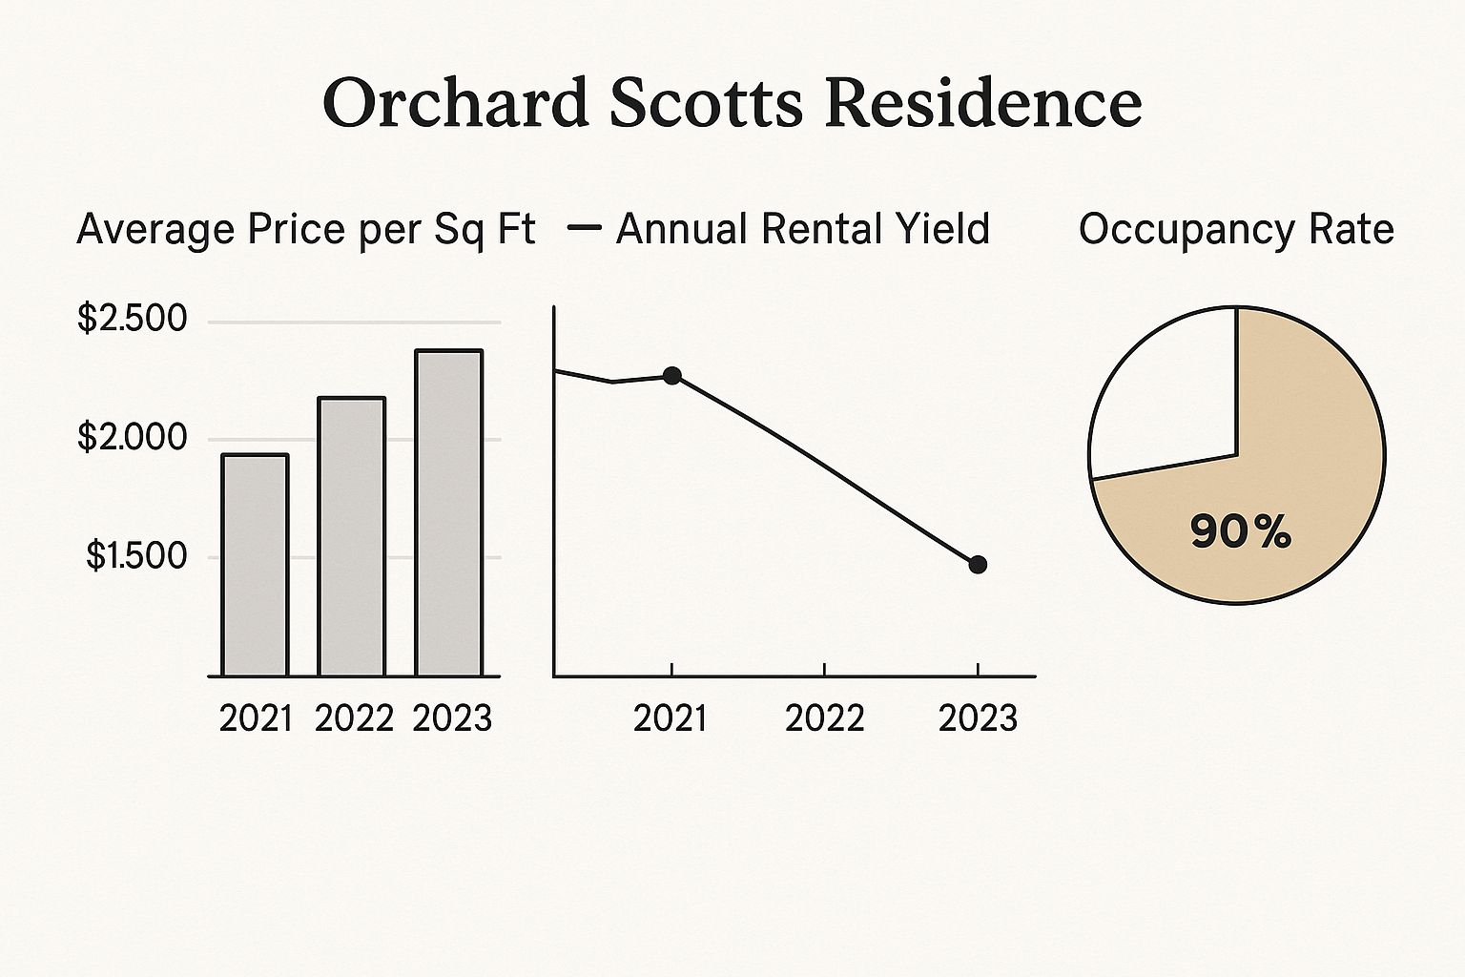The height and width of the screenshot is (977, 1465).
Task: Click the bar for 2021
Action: [255, 565]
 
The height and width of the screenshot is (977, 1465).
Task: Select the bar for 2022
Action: [351, 536]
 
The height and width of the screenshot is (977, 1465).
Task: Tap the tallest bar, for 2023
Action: [448, 513]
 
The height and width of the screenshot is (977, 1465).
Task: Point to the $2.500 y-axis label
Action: [133, 319]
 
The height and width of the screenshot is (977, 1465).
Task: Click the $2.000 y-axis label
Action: [133, 438]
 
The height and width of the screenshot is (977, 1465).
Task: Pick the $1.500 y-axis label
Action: [136, 556]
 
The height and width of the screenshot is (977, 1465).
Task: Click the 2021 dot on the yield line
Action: [672, 376]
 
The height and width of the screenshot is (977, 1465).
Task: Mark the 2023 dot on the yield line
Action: [978, 565]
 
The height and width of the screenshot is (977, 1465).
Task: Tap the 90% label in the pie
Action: [1240, 531]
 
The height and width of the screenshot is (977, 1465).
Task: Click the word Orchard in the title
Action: [456, 102]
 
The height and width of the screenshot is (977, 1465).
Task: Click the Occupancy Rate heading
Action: [1236, 230]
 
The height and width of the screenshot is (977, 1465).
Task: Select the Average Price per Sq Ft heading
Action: [305, 230]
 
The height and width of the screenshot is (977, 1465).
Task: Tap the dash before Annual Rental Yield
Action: [584, 228]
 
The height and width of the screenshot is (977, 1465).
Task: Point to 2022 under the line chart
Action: [824, 718]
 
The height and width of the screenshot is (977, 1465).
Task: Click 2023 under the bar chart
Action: [452, 718]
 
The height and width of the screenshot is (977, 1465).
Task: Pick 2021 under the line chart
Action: [671, 718]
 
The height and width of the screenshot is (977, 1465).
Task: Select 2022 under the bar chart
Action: [354, 718]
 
